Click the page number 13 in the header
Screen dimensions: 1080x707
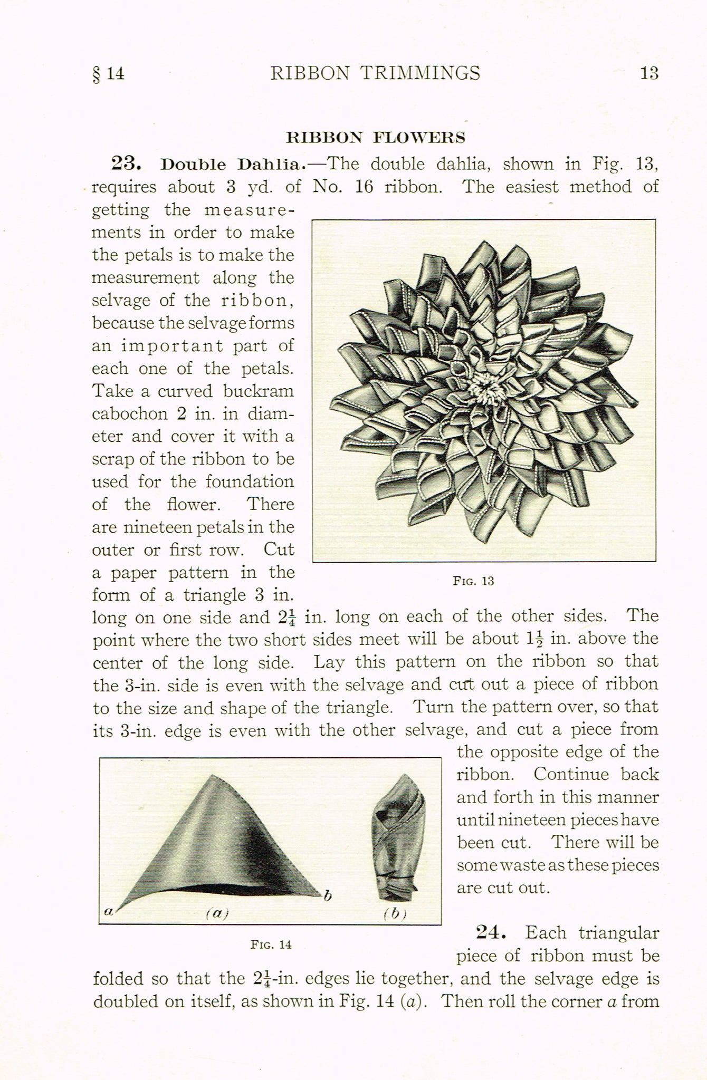pyautogui.click(x=649, y=73)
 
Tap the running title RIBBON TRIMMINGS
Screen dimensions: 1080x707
pyautogui.click(x=375, y=73)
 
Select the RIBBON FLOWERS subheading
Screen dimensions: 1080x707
pyautogui.click(x=375, y=138)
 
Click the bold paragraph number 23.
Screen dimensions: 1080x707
pyautogui.click(x=126, y=163)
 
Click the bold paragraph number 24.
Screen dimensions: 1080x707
pyautogui.click(x=491, y=933)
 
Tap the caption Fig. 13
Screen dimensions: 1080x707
pyautogui.click(x=473, y=581)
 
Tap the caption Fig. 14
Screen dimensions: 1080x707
pyautogui.click(x=271, y=944)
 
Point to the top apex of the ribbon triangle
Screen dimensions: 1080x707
pyautogui.click(x=212, y=776)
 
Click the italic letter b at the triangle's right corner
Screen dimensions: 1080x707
pyautogui.click(x=328, y=895)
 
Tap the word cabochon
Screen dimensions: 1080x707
pyautogui.click(x=130, y=414)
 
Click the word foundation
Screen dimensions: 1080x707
pyautogui.click(x=250, y=481)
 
